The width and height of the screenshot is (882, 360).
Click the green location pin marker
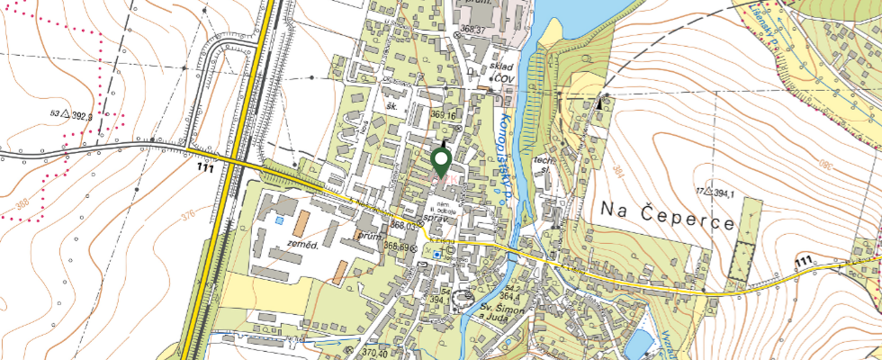click(441, 162)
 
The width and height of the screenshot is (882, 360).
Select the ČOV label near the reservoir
click(500, 78)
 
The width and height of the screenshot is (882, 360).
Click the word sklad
click(501, 67)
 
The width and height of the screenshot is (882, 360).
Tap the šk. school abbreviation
click(391, 104)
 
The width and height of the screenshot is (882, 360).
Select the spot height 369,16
click(445, 115)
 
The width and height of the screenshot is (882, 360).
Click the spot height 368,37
click(472, 30)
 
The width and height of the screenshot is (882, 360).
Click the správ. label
click(436, 219)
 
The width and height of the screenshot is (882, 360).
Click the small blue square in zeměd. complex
click(279, 220)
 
